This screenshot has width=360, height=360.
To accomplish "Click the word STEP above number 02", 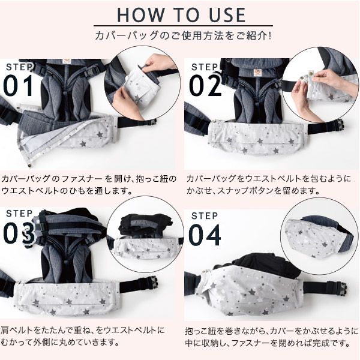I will [205, 67].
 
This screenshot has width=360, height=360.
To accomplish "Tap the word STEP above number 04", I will [205, 215].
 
